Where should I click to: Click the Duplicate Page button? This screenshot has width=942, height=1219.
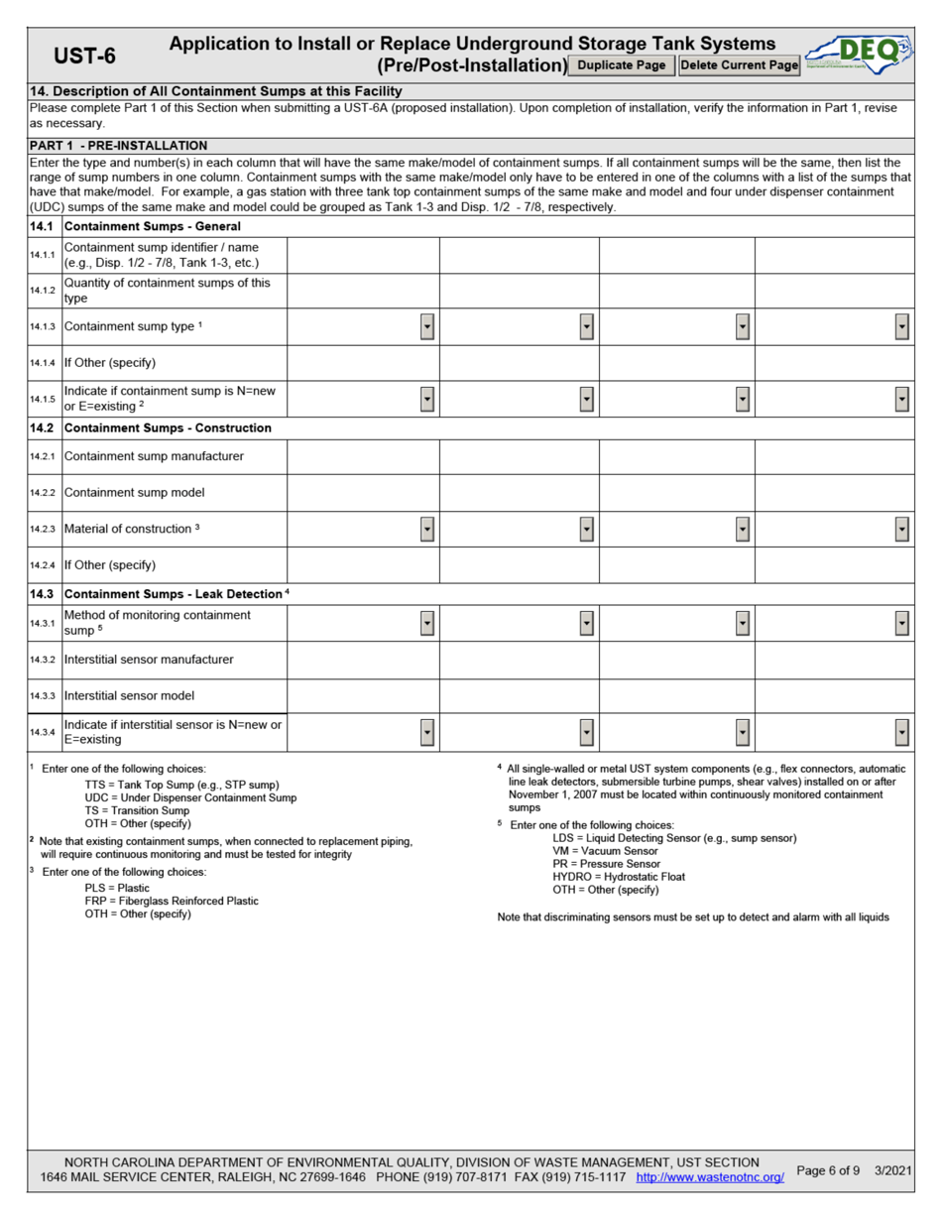[622, 65]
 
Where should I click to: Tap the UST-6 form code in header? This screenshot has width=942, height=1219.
[84, 57]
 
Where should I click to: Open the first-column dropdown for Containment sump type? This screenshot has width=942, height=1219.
[426, 326]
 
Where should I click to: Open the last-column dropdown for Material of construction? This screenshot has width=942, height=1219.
[901, 529]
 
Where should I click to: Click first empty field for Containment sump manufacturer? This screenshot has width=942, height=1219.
[363, 456]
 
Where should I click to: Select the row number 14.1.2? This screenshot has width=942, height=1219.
[45, 291]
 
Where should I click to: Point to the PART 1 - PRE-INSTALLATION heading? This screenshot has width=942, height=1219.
[118, 145]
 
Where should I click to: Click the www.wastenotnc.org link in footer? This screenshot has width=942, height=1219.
[709, 1177]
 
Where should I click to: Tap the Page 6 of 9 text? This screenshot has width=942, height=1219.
[828, 1170]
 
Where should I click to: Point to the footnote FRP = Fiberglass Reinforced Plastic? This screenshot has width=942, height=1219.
[172, 901]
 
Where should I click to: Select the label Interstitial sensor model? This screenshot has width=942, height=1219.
[129, 696]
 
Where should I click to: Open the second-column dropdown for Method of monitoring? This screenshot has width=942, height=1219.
[586, 623]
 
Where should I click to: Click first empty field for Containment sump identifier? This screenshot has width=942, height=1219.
[363, 256]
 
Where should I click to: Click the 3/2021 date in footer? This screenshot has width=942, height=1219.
[893, 1170]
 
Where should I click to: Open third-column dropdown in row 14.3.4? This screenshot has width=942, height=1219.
[743, 733]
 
